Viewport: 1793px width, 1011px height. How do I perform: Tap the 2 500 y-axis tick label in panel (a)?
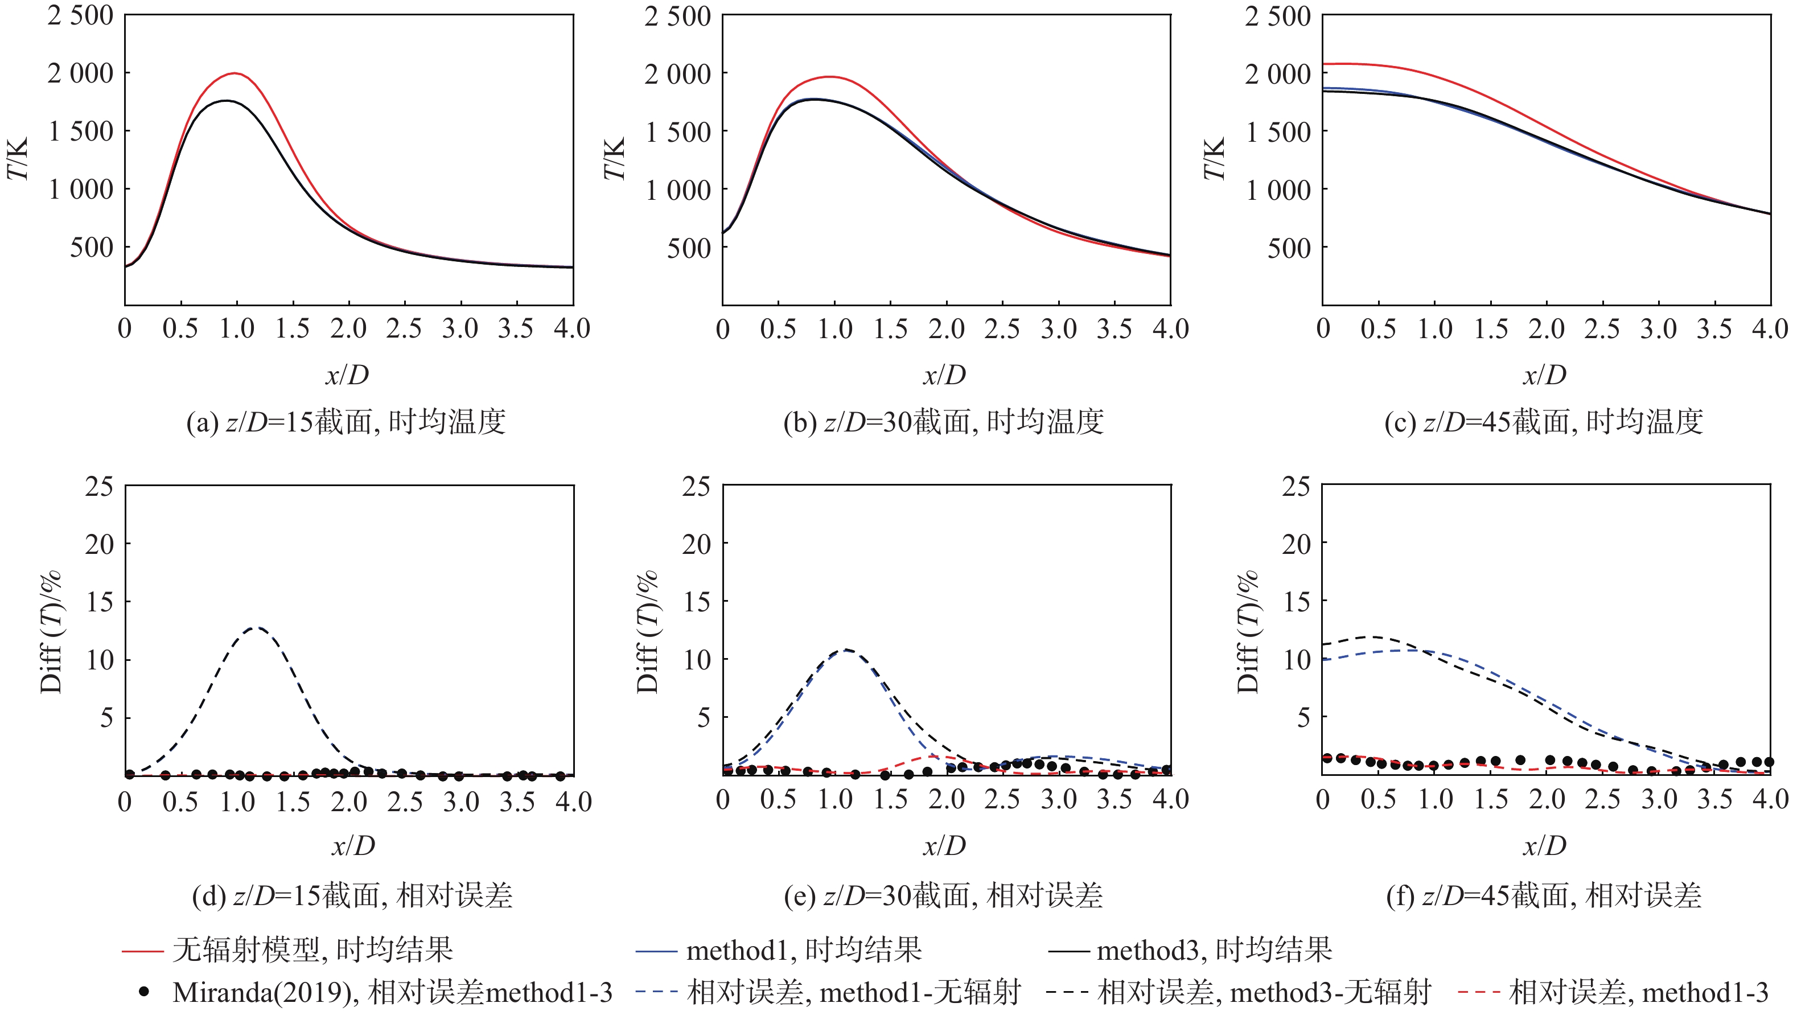[x=80, y=15]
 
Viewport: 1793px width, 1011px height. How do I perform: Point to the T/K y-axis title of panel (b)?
[x=615, y=159]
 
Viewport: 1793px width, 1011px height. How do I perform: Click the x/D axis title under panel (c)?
[x=1544, y=375]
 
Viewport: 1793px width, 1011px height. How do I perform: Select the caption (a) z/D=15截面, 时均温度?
[x=346, y=422]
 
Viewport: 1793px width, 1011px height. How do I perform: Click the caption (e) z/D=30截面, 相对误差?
[x=943, y=895]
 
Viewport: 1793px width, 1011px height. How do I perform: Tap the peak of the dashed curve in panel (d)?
[x=257, y=627]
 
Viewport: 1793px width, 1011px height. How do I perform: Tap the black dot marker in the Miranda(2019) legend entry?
[x=144, y=992]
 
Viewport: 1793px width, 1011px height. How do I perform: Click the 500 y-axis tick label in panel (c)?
[x=1288, y=248]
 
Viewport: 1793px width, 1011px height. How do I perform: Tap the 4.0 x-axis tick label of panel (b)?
[x=1171, y=328]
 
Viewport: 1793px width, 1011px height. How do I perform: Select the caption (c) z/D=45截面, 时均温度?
[x=1544, y=422]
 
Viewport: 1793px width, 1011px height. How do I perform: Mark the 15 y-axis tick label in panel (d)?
[x=99, y=602]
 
